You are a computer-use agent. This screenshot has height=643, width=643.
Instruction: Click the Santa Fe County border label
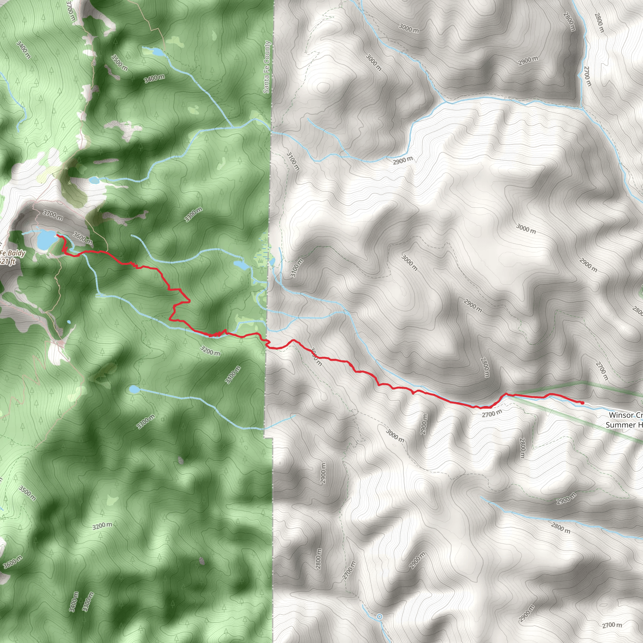[x=267, y=67]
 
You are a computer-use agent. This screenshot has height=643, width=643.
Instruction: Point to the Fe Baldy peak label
[x=13, y=253]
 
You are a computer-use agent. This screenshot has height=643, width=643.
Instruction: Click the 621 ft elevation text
[x=7, y=262]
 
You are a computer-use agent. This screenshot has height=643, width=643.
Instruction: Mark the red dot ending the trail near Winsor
[x=582, y=403]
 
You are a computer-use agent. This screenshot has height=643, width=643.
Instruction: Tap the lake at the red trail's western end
[x=46, y=240]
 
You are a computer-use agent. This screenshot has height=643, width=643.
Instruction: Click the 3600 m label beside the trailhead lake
[x=82, y=238]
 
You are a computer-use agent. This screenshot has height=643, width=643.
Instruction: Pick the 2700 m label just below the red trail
[x=492, y=413]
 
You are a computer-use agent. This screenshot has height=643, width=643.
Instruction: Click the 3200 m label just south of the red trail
[x=210, y=350]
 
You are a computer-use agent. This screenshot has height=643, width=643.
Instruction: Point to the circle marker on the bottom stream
[x=379, y=617]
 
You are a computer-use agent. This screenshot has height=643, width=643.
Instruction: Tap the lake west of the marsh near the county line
[x=241, y=265]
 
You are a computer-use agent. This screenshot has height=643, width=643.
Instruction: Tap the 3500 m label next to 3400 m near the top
[x=120, y=62]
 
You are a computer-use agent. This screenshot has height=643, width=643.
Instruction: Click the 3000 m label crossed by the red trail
[x=316, y=356]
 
